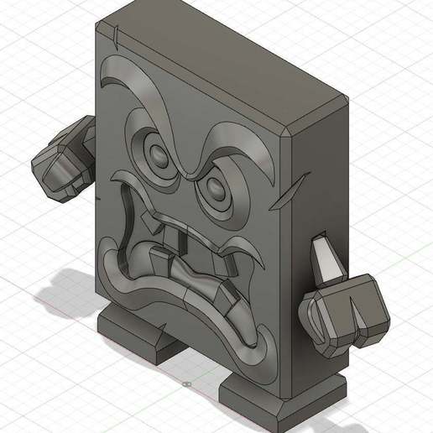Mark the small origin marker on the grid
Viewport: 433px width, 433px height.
(x=185, y=383)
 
